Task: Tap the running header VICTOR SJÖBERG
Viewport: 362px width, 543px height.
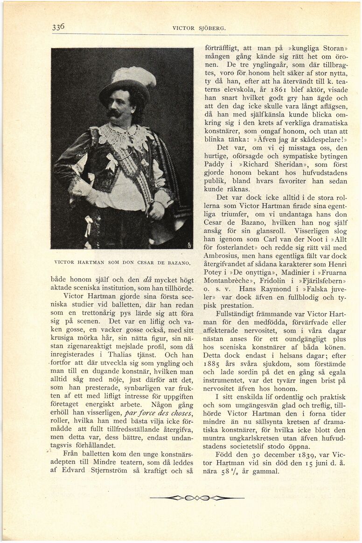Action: point(199,28)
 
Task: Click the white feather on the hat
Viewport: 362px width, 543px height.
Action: point(135,76)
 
